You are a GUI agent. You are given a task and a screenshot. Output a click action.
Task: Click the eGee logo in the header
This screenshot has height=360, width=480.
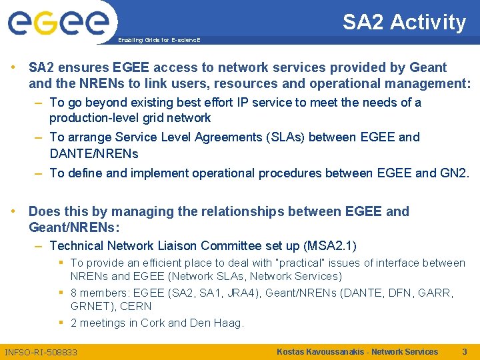point(58,23)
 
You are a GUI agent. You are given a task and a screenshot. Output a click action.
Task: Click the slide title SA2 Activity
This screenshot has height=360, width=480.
point(404,23)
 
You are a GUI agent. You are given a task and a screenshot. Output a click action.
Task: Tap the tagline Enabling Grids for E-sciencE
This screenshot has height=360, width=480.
point(159,40)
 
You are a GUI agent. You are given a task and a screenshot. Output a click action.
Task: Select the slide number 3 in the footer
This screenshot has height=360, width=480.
point(464,351)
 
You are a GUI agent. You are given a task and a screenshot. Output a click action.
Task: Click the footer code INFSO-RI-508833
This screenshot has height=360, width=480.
point(41,352)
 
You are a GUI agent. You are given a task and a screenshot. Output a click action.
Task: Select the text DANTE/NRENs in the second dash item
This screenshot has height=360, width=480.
point(94,153)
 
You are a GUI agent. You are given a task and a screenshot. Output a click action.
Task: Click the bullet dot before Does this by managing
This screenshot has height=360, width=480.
point(14,211)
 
